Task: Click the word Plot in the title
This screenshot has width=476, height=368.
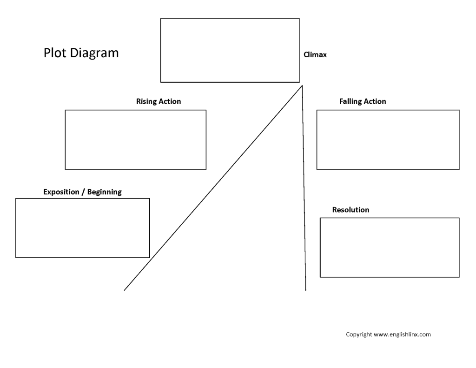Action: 55,53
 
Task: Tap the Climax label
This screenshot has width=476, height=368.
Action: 315,55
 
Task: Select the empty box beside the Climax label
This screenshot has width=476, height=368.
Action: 230,19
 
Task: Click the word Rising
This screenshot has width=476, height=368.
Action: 145,101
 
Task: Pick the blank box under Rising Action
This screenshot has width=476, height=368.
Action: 135,110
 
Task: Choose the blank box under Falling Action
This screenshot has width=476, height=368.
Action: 388,110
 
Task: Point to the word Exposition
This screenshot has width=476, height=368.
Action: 61,192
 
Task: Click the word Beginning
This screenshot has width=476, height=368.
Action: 105,192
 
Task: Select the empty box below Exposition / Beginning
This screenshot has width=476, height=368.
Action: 83,199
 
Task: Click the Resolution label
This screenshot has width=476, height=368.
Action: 350,210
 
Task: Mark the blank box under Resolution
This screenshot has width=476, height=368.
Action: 390,218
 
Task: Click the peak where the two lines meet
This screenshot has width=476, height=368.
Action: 302,86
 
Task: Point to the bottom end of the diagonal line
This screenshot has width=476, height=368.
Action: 124,290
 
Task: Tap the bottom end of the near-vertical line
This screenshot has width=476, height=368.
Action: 306,290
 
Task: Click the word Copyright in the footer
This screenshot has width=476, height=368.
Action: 359,335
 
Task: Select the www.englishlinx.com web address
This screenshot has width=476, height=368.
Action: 402,335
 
